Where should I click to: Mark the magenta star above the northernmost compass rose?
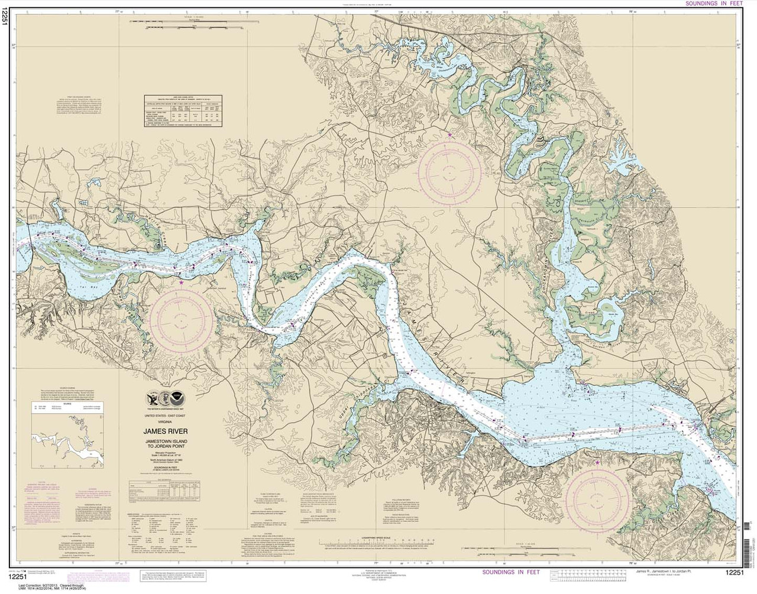[449, 135]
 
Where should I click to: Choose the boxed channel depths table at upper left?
[185, 110]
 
